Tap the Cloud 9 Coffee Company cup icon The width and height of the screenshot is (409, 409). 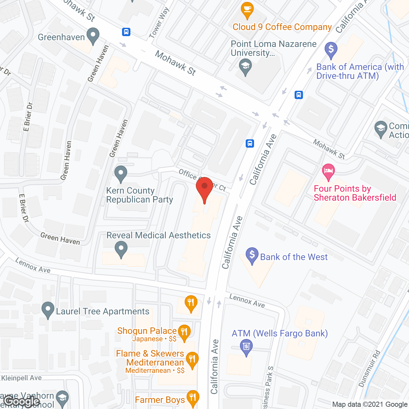point(247,10)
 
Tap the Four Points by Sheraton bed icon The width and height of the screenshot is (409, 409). point(328,172)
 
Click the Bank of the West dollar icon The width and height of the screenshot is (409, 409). point(252,256)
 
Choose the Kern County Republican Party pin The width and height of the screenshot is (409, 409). point(121,174)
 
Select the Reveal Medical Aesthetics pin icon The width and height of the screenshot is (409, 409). point(121,249)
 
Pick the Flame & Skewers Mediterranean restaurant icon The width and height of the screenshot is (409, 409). point(192,360)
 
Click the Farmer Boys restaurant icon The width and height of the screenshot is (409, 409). point(193,398)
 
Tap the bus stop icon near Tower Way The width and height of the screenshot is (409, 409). point(126,32)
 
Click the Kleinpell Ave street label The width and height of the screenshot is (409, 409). point(21,378)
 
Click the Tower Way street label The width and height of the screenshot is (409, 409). point(159,23)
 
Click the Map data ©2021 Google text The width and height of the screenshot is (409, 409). point(370,404)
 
